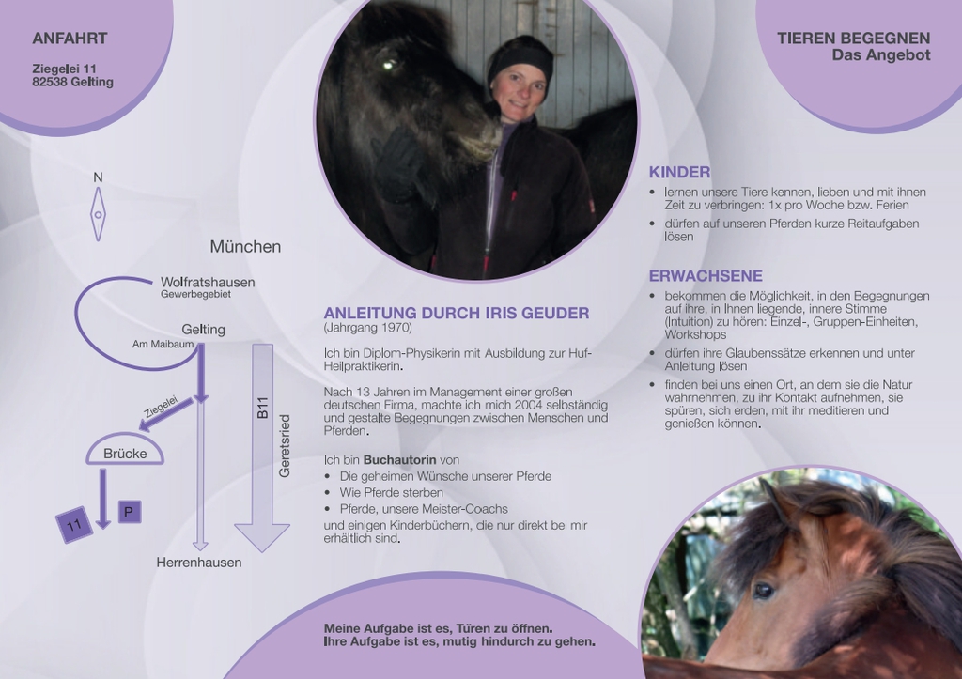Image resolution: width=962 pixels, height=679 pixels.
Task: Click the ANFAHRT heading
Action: [x=70, y=38]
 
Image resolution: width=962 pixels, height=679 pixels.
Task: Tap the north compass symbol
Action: [x=98, y=214]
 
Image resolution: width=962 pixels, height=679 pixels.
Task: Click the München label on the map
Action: [x=245, y=247]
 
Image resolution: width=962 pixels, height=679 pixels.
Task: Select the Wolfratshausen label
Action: [x=208, y=282]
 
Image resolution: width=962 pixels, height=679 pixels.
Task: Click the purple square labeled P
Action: [x=129, y=512]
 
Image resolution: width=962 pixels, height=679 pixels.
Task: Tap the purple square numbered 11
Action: [x=74, y=525]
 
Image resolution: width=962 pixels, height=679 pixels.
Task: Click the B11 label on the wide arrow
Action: [x=263, y=408]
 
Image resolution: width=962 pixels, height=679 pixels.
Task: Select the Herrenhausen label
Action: [x=199, y=563]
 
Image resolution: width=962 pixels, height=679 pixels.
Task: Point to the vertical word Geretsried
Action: [x=284, y=446]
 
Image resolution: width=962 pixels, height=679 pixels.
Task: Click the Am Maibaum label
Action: [x=163, y=344]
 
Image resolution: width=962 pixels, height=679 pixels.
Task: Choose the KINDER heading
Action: [x=680, y=173]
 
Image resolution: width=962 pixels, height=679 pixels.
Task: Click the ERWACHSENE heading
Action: [x=706, y=276]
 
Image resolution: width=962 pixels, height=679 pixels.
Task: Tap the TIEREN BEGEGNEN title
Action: [x=853, y=38]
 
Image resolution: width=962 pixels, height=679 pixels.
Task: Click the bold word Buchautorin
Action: [x=399, y=459]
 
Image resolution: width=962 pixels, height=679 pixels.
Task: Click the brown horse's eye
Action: [x=763, y=590]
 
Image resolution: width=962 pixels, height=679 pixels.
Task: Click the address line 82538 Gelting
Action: [x=73, y=82]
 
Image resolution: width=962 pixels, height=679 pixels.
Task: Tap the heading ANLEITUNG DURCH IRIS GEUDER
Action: [x=457, y=313]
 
